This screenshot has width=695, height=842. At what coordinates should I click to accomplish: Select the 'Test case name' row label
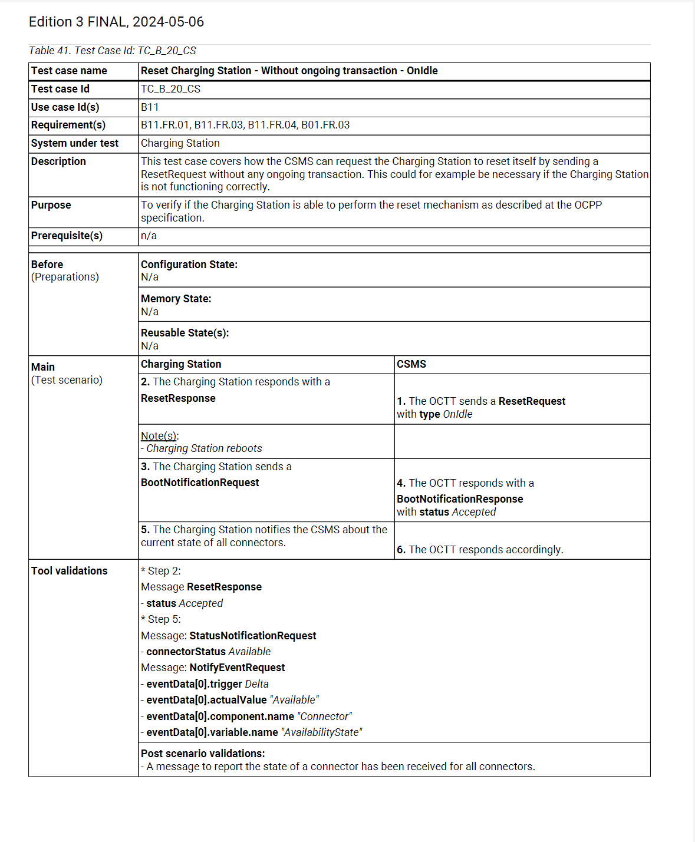(69, 71)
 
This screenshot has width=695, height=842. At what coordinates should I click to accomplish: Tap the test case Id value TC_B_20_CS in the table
(170, 89)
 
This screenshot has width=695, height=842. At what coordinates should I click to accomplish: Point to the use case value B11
(150, 107)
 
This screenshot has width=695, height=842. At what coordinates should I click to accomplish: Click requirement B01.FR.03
(325, 125)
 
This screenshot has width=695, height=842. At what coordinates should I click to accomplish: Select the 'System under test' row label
(75, 143)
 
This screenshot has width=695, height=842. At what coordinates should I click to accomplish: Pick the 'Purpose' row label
(51, 205)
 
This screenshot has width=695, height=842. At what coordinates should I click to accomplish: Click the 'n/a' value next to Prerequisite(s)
(149, 236)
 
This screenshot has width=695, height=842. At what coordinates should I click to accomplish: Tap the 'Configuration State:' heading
(189, 265)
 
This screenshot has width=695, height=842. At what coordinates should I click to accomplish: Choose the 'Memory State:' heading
(176, 299)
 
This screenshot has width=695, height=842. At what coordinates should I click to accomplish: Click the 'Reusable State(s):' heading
(185, 333)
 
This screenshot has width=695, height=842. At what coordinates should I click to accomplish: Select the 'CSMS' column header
(411, 364)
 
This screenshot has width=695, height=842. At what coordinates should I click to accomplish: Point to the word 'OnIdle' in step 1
(457, 414)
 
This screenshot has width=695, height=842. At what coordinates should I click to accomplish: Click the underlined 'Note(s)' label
(159, 436)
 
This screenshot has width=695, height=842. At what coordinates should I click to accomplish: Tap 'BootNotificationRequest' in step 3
(200, 483)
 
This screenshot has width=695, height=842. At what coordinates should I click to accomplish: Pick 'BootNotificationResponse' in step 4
(460, 499)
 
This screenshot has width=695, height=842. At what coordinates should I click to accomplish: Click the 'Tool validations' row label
(70, 571)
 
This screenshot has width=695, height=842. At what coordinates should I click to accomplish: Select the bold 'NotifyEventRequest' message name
(237, 668)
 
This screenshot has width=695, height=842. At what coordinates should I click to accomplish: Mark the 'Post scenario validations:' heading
(203, 754)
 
